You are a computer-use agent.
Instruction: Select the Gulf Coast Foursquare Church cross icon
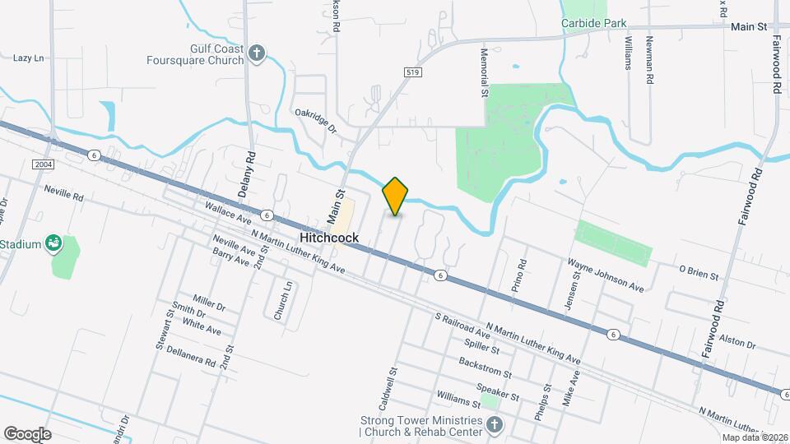pyautogui.click(x=257, y=55)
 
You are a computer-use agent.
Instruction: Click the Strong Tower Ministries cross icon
pyautogui.click(x=494, y=424)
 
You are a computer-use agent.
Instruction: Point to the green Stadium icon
pyautogui.click(x=54, y=243)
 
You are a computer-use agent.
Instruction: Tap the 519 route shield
pyautogui.click(x=412, y=73)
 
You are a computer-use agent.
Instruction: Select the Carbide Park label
pyautogui.click(x=594, y=23)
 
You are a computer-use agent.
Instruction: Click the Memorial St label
pyautogui.click(x=484, y=71)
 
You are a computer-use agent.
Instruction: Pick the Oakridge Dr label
pyautogui.click(x=316, y=122)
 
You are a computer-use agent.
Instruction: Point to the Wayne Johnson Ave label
pyautogui.click(x=606, y=275)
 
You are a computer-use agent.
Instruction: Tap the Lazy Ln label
pyautogui.click(x=28, y=58)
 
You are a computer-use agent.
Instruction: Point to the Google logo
pyautogui.click(x=27, y=434)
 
